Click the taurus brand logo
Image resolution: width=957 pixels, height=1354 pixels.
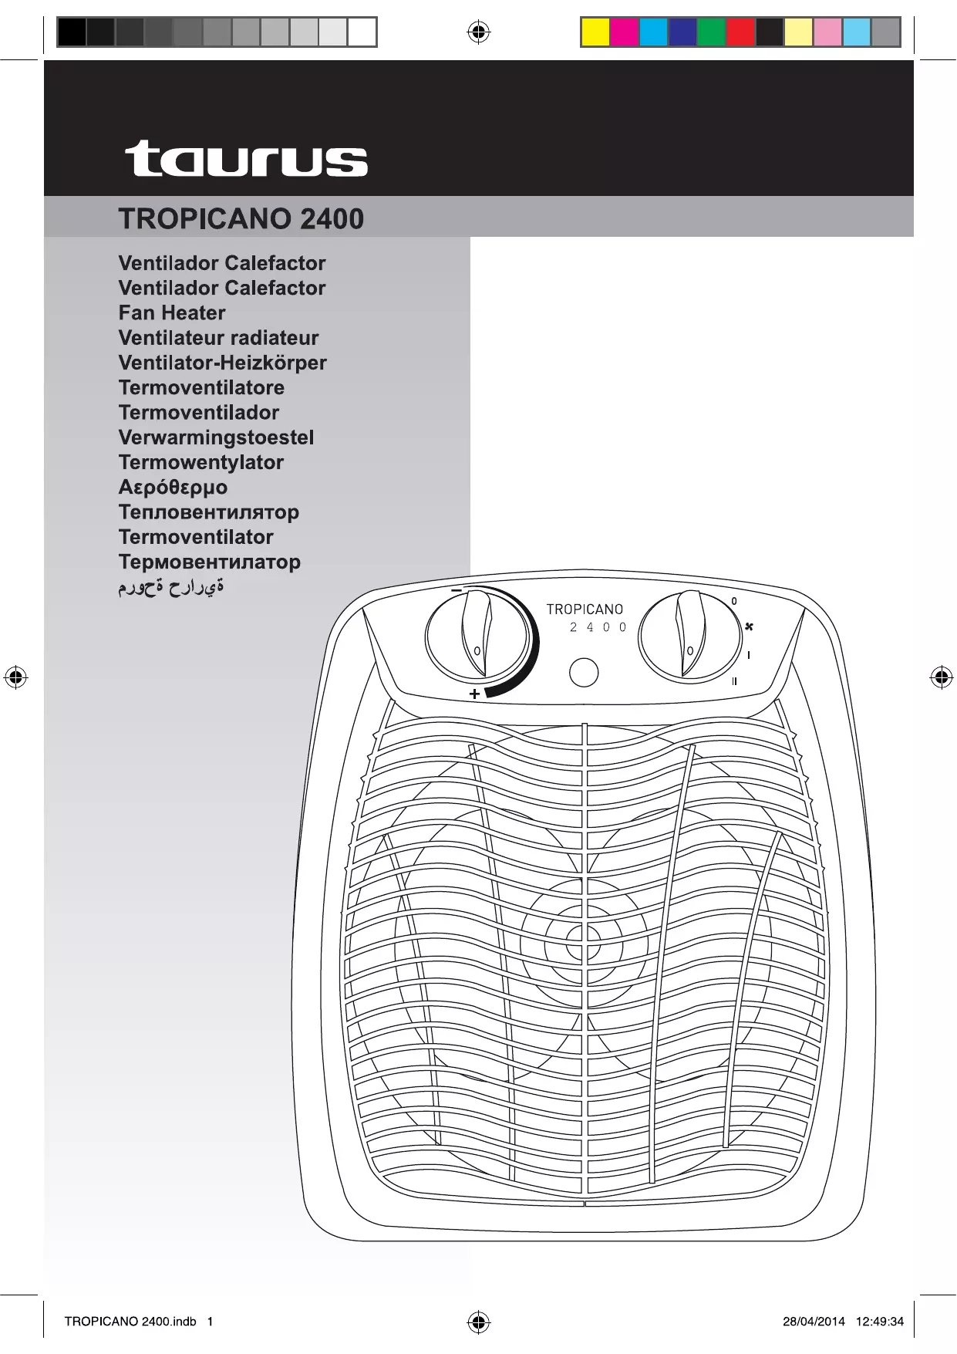(246, 159)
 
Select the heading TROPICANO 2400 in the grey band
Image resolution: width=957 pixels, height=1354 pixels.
(241, 219)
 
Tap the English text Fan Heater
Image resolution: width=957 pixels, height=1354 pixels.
(172, 313)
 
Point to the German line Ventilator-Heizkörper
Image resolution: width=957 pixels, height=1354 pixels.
(222, 363)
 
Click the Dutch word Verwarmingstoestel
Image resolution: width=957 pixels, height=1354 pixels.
(216, 437)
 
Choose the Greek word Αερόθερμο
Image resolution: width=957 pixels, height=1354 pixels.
(173, 488)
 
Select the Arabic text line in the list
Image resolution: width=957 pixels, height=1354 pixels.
(171, 588)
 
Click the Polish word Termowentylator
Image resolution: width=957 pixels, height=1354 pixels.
(200, 462)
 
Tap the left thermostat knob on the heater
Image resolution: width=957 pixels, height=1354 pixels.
(477, 637)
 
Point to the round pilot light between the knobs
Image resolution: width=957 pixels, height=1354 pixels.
(584, 672)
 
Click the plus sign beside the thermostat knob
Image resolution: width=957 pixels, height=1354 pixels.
(474, 694)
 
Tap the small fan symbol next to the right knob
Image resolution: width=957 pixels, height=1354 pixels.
(749, 626)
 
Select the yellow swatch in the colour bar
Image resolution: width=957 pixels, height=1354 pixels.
(595, 32)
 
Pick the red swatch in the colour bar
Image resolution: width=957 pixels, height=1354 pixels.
(740, 32)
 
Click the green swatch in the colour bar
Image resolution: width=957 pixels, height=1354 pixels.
(711, 32)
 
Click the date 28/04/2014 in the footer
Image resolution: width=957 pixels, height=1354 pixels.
(814, 1321)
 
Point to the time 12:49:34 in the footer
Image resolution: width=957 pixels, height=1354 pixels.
(879, 1321)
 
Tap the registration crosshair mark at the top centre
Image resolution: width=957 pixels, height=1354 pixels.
(478, 32)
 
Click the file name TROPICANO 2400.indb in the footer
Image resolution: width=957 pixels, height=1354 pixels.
(130, 1321)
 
